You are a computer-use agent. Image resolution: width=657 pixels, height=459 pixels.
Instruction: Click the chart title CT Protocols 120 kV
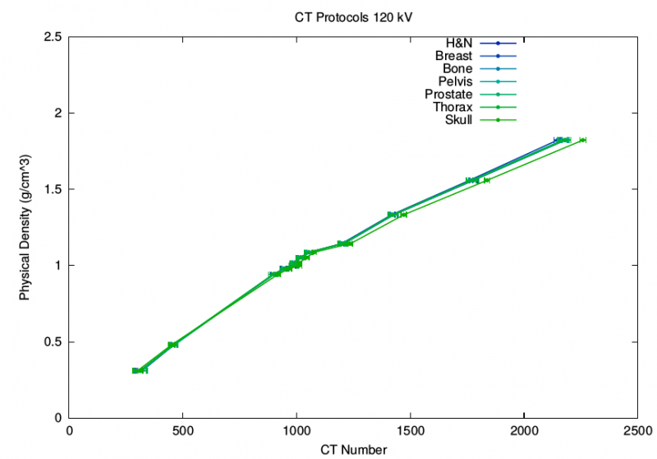353,16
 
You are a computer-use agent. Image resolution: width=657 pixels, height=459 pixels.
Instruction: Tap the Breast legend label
453,55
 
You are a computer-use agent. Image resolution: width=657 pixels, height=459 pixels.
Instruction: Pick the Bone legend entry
457,68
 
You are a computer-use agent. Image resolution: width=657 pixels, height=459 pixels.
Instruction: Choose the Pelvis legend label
455,81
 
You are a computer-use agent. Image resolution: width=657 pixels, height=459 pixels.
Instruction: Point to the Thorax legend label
453,108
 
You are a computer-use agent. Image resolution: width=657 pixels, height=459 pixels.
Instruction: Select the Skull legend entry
458,121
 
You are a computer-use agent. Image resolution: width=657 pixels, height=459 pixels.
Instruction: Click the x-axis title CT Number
353,449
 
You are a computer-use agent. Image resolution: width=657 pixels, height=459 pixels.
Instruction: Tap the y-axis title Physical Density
25,228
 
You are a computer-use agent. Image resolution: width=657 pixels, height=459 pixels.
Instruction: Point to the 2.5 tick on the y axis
55,37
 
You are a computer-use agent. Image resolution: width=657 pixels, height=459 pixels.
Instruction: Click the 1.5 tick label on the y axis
55,189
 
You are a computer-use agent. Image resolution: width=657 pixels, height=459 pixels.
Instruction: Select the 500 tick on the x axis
183,429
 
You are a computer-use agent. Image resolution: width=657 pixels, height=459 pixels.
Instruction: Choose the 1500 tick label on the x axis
411,429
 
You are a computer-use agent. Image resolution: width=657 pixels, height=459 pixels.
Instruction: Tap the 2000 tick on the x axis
524,429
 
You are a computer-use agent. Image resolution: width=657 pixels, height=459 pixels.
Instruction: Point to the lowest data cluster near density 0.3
140,371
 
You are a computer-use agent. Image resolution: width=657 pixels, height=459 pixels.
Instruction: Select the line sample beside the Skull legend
498,121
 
